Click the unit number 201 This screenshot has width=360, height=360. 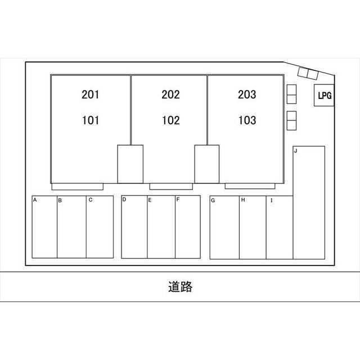pyautogui.click(x=91, y=94)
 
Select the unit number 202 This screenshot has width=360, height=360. pyautogui.click(x=170, y=94)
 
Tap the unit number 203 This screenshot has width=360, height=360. pyautogui.click(x=247, y=94)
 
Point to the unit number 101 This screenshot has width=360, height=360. pyautogui.click(x=91, y=120)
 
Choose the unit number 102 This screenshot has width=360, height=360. pyautogui.click(x=171, y=120)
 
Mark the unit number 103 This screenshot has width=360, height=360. pyautogui.click(x=247, y=120)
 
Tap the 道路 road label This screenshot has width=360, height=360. pyautogui.click(x=180, y=286)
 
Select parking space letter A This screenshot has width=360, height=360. pyautogui.click(x=35, y=200)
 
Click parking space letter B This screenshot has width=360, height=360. pyautogui.click(x=60, y=200)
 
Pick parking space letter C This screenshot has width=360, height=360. pyautogui.click(x=91, y=200)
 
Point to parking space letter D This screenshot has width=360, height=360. pyautogui.click(x=124, y=199)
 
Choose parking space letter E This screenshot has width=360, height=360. pyautogui.click(x=150, y=200)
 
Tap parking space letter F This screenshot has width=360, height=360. pyautogui.click(x=178, y=199)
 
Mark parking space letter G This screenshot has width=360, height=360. pyautogui.click(x=213, y=200)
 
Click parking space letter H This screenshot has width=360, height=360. pyautogui.click(x=243, y=200)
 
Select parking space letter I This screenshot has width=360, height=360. pyautogui.click(x=272, y=200)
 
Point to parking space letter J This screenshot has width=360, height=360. pyautogui.click(x=296, y=151)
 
